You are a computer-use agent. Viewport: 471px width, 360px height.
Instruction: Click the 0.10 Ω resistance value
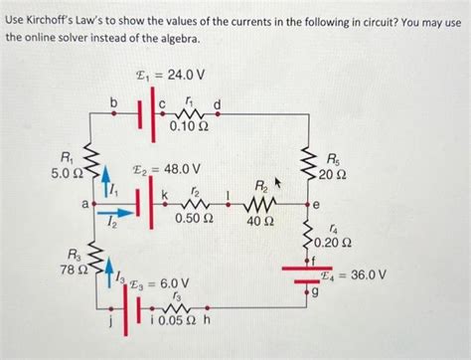pyautogui.click(x=190, y=126)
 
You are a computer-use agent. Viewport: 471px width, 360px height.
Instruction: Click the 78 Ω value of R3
pyautogui.click(x=76, y=270)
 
